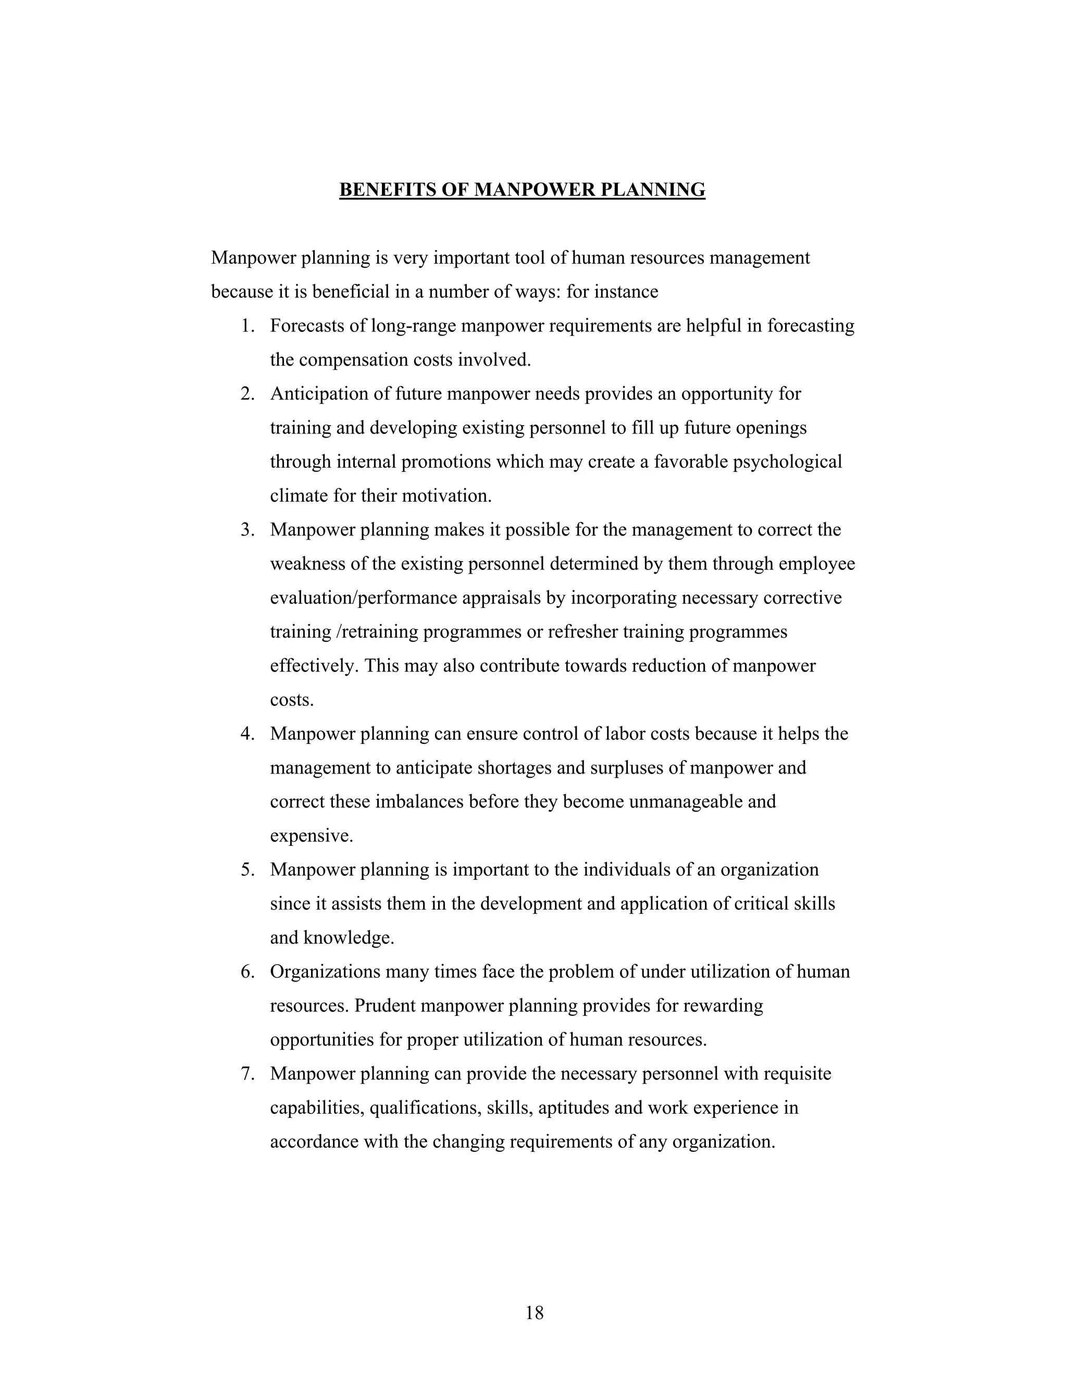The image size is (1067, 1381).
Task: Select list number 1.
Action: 247,326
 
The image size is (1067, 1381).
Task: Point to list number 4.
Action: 247,734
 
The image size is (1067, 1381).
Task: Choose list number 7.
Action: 247,1074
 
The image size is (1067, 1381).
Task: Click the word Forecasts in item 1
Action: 309,326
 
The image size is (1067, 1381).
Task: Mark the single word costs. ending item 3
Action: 292,700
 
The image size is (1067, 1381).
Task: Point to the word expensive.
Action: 311,837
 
